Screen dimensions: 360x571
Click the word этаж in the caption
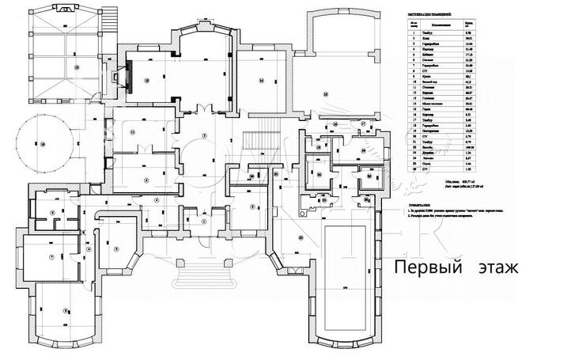click(496, 269)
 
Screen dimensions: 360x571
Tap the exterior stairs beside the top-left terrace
click(100, 32)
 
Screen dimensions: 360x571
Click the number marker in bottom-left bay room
click(66, 310)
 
